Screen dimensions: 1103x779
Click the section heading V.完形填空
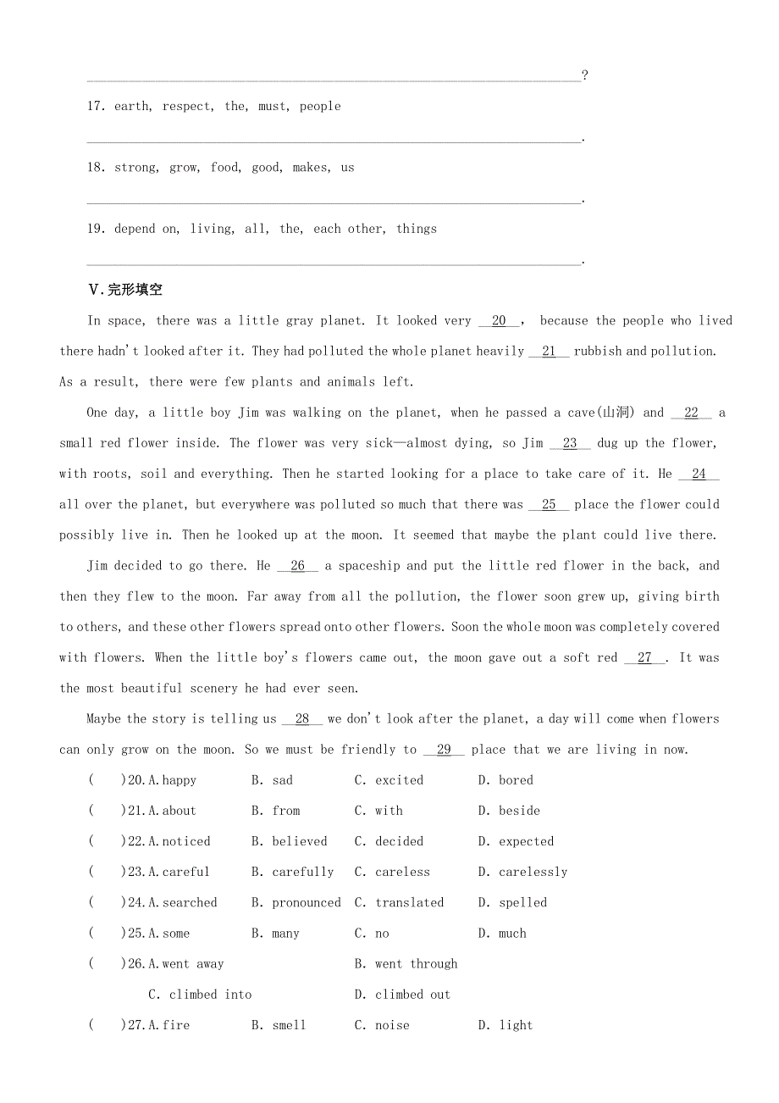[125, 290]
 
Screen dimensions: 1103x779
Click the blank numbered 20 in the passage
[499, 321]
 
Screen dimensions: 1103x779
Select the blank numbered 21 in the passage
[549, 352]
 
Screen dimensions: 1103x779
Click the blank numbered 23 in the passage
[570, 443]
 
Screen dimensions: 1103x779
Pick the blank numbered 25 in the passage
[549, 505]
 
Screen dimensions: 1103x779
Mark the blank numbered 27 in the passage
[644, 658]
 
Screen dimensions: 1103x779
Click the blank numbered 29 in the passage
[444, 750]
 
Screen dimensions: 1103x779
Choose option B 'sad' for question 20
[282, 780]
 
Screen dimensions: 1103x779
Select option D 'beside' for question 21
[518, 811]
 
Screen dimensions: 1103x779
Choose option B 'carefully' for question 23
[302, 872]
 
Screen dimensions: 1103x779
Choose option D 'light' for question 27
[516, 1025]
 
